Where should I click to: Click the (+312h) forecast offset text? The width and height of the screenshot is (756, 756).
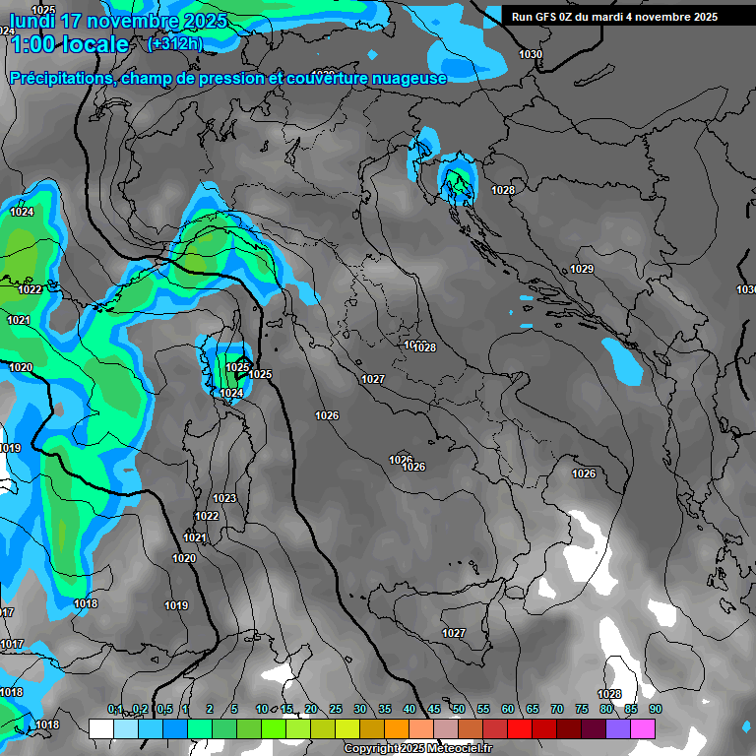[x=175, y=44]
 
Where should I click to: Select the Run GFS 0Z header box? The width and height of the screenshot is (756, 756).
[x=614, y=17]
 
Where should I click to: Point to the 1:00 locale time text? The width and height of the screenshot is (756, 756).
[x=68, y=45]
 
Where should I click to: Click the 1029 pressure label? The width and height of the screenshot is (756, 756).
[x=582, y=269]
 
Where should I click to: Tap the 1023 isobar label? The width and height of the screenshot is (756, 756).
[x=224, y=498]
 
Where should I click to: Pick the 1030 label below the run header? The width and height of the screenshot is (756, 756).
[x=531, y=54]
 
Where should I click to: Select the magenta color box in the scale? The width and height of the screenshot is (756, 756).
[x=643, y=728]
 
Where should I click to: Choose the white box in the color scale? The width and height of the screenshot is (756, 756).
[x=100, y=728]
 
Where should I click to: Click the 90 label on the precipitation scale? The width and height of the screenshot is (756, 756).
[x=655, y=710]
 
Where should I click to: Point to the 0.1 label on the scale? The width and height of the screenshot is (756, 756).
[x=115, y=710]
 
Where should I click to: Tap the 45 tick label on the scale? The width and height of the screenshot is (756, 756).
[x=434, y=710]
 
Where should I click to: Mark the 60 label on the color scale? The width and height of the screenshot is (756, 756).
[x=508, y=710]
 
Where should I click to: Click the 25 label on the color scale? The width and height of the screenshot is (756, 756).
[x=336, y=710]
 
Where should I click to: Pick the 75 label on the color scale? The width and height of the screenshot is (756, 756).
[x=582, y=710]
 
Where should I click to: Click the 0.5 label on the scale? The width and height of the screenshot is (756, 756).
[x=164, y=710]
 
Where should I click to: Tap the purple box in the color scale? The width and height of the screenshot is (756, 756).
[x=618, y=728]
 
